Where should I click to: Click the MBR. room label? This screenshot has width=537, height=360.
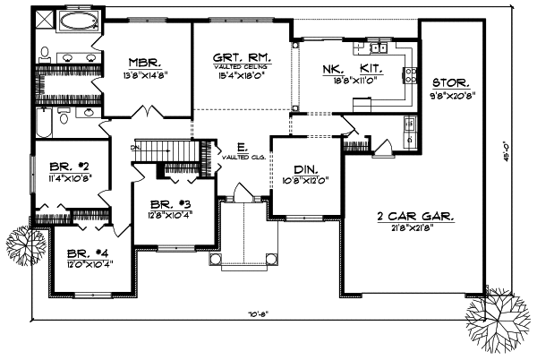pos(143,63)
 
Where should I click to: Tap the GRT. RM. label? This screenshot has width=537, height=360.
pos(242,56)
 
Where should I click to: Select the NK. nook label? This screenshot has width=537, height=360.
pos(335,67)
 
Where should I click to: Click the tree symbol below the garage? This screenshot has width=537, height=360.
pos(495,319)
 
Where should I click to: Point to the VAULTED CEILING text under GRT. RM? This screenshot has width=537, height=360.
pos(242,67)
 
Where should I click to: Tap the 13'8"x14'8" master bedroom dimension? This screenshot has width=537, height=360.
pos(143,76)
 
